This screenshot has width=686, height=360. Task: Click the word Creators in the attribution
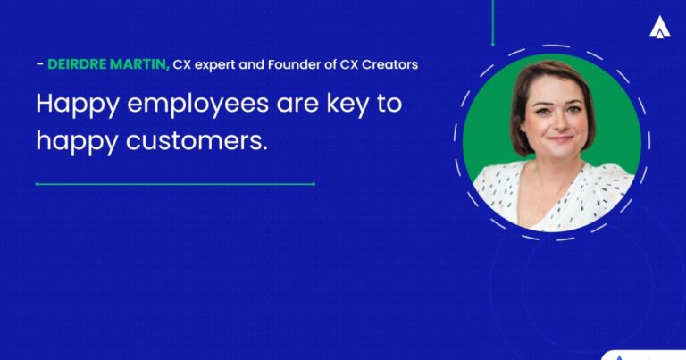389,64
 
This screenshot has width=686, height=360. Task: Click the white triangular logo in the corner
660,28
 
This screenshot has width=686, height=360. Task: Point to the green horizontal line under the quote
175,184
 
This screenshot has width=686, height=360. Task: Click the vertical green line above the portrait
492,22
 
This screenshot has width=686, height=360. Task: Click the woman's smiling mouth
560,137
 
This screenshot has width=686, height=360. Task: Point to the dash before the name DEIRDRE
38,64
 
